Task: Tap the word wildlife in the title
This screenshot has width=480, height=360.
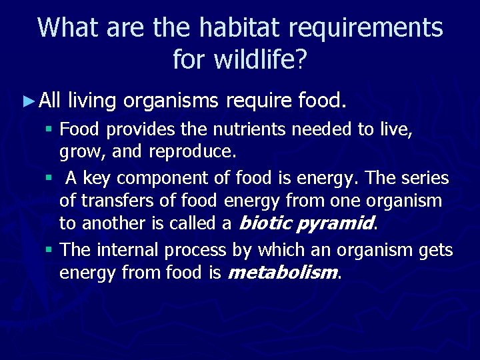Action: (254, 60)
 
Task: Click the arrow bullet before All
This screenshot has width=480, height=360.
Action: (27, 101)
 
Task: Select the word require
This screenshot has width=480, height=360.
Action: (259, 101)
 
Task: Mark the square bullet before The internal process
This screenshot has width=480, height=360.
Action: (49, 251)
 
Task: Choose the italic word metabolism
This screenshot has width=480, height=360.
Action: (283, 272)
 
